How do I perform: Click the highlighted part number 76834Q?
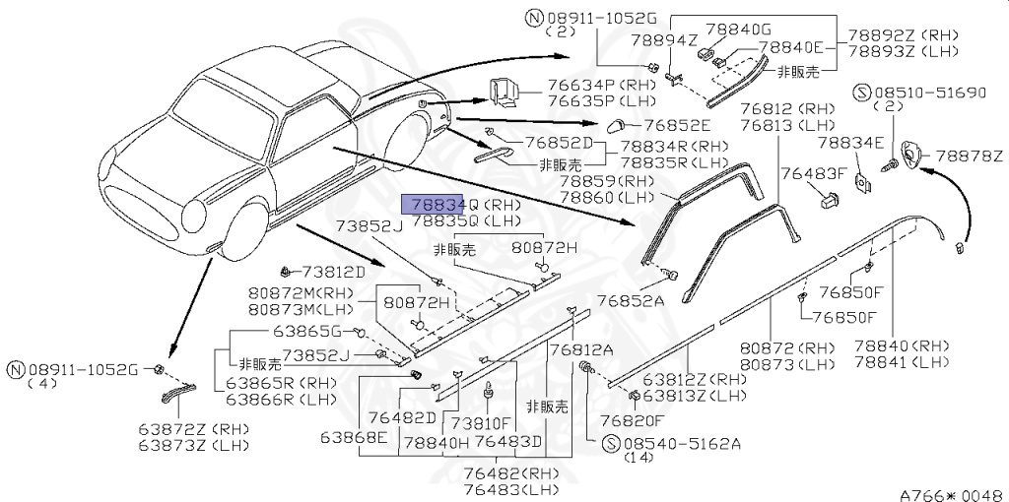click(x=434, y=204)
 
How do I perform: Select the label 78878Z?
click(x=969, y=156)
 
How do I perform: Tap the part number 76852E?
click(x=676, y=125)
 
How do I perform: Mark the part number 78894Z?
click(x=663, y=40)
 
